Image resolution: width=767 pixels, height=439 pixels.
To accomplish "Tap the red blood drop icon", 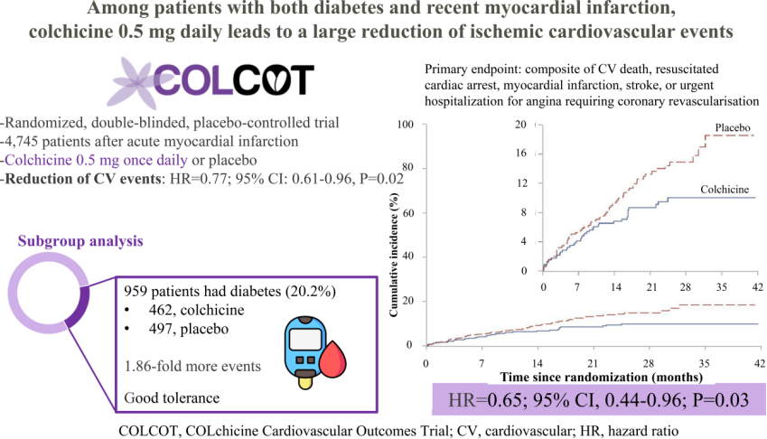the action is (x=332, y=360).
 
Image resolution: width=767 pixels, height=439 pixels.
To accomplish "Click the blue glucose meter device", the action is (x=305, y=351).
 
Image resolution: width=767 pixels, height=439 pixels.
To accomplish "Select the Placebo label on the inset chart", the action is (x=733, y=127).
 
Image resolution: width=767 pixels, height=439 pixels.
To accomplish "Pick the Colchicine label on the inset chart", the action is (x=725, y=190).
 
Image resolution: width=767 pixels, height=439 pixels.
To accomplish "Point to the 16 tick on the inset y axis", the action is (x=521, y=153).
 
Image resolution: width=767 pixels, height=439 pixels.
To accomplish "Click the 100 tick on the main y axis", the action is (x=405, y=124).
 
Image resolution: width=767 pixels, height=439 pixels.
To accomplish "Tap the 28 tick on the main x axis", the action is (x=648, y=364).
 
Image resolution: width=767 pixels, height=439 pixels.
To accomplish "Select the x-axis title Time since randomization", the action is (x=601, y=378).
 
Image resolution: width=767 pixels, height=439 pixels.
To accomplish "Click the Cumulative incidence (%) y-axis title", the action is (x=394, y=255).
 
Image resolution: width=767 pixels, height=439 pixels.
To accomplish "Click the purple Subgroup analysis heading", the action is (x=80, y=241).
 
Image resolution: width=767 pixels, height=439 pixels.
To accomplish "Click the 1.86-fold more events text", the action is (x=192, y=366).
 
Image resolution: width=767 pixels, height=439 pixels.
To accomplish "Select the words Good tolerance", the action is (x=172, y=398).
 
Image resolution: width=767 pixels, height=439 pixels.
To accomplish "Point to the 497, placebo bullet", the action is (x=188, y=329).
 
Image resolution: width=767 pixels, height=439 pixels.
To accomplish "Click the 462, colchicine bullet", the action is (x=197, y=311).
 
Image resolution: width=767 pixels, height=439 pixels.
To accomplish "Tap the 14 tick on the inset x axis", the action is (x=616, y=287).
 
